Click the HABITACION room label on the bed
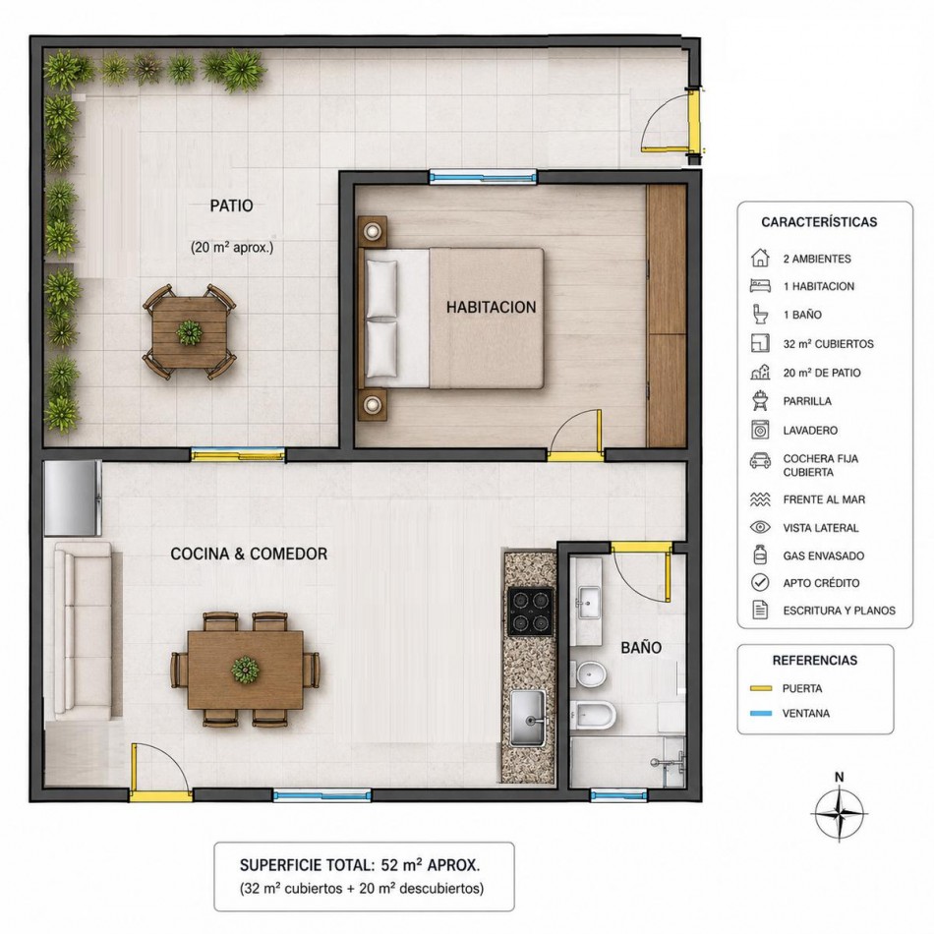(x=491, y=308)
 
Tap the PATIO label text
(x=231, y=206)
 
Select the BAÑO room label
(x=641, y=647)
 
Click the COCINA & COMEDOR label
(x=249, y=554)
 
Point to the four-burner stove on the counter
(x=530, y=611)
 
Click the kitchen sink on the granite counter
(x=527, y=718)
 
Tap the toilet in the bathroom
(x=594, y=714)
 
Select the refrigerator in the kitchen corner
(x=73, y=497)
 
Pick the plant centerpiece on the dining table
(x=246, y=669)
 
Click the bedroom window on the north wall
(x=483, y=176)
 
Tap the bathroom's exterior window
(x=618, y=794)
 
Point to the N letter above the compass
(x=840, y=777)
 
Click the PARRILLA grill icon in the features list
(x=760, y=401)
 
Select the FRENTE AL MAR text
(x=824, y=499)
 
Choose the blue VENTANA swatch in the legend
(x=761, y=713)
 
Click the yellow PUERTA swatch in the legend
(x=761, y=688)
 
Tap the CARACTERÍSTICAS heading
(x=819, y=222)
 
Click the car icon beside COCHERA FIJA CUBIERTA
(x=760, y=460)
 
